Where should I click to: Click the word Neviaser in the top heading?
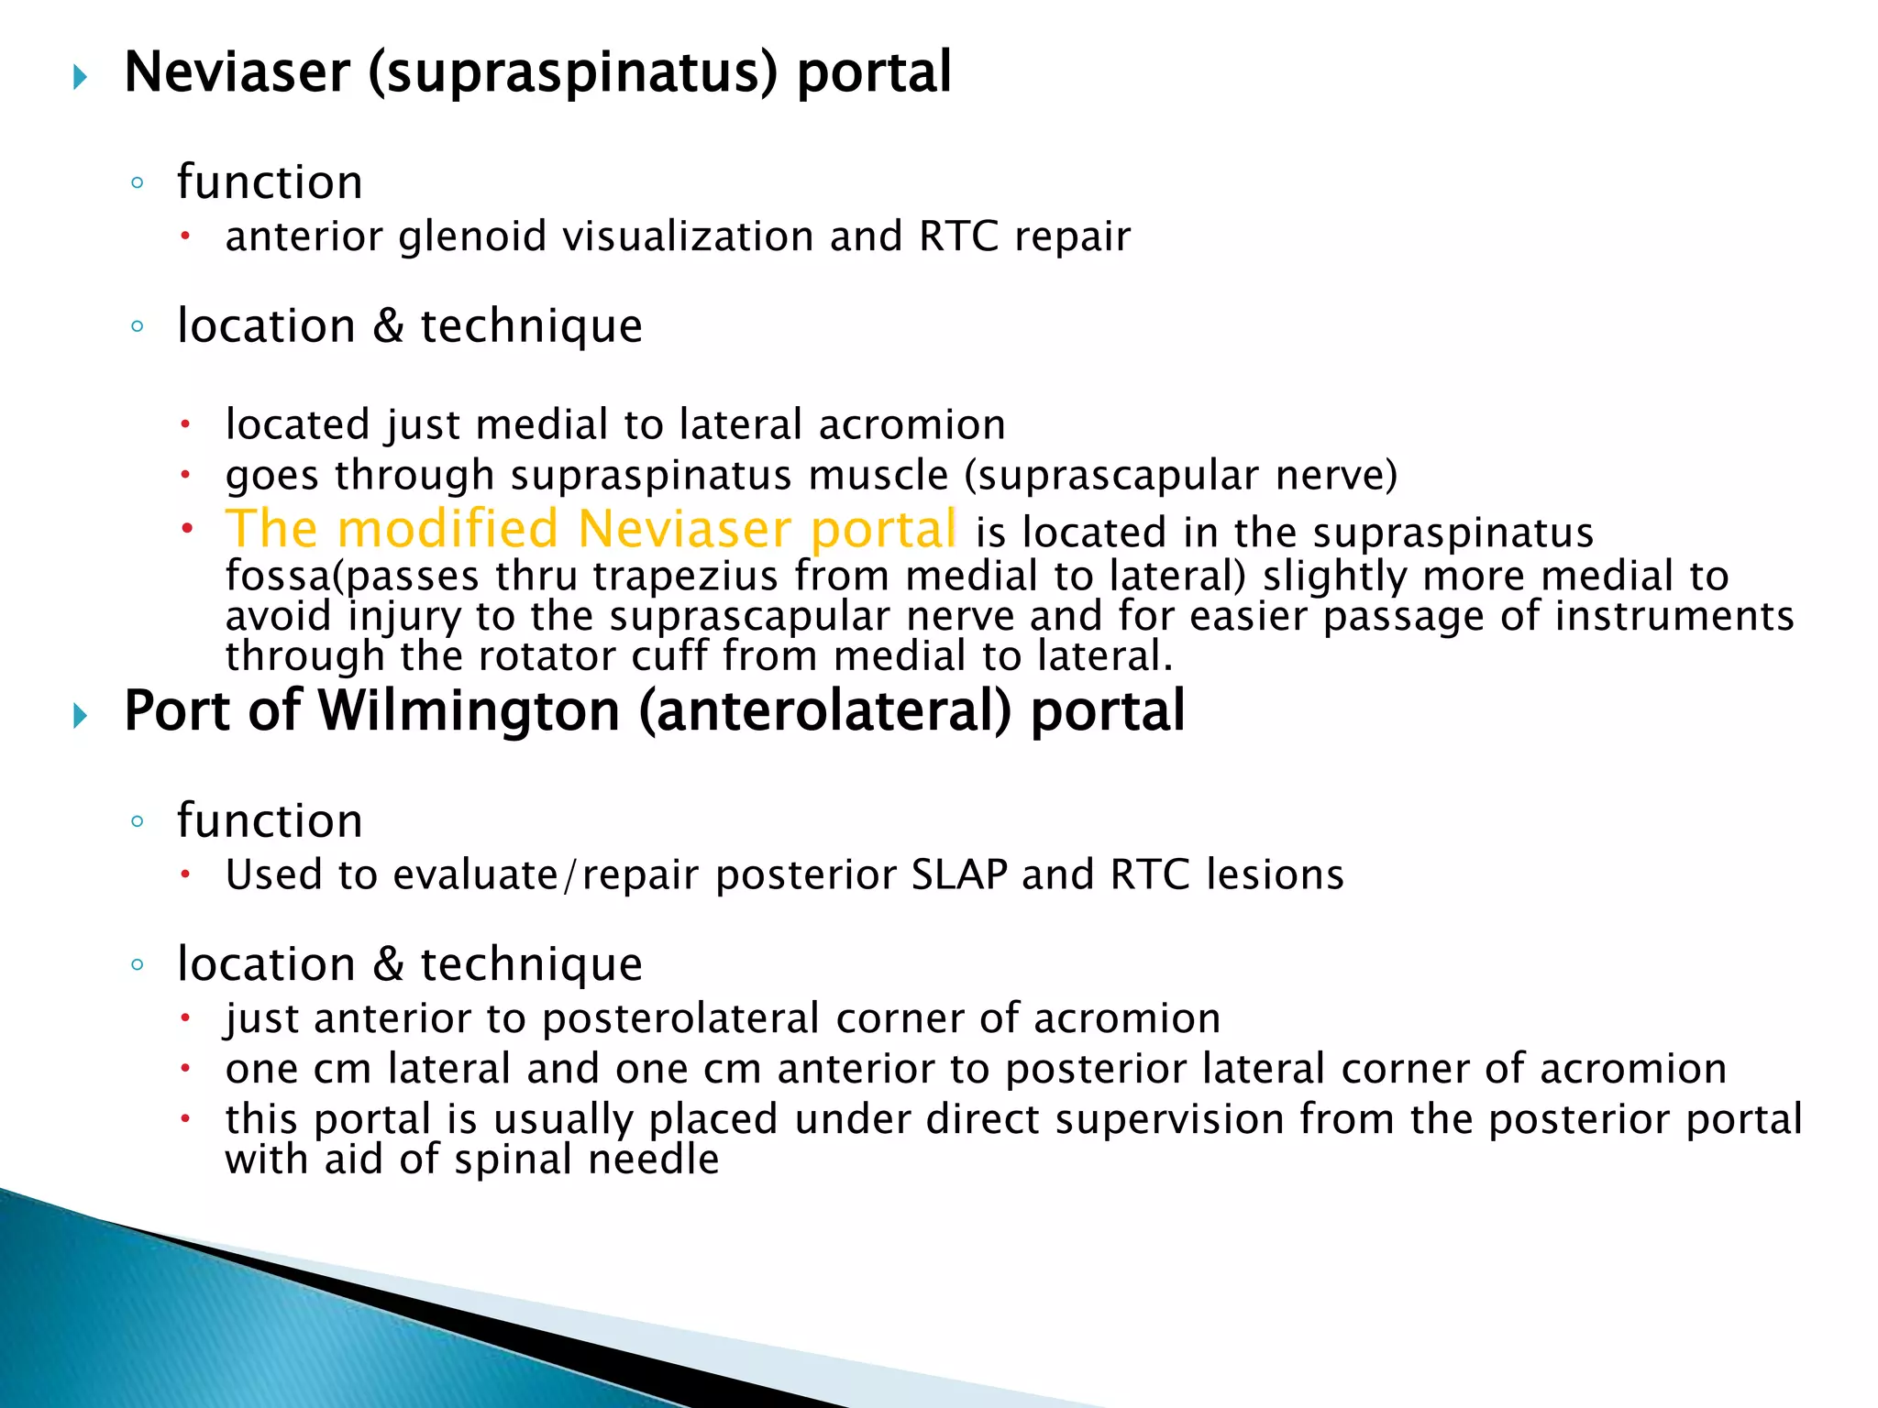[x=237, y=72]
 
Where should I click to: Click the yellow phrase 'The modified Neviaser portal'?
[x=591, y=529]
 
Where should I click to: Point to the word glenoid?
[x=472, y=236]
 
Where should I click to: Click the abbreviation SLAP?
[x=959, y=874]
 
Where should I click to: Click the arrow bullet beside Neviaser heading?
[x=81, y=77]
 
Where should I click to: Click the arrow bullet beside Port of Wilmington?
[x=81, y=715]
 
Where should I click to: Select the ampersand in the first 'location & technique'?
[x=388, y=325]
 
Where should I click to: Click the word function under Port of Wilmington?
[x=270, y=820]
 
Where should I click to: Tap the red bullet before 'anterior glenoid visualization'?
[x=185, y=236]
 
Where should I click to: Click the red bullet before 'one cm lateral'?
[x=185, y=1068]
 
